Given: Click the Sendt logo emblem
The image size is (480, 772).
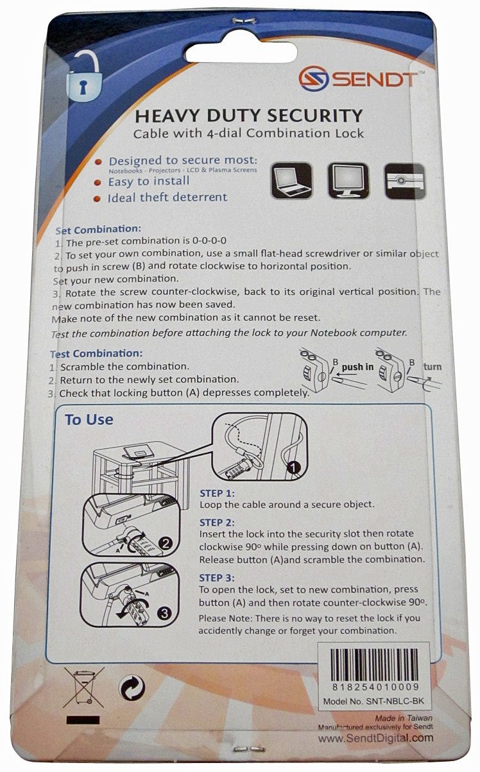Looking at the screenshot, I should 313,80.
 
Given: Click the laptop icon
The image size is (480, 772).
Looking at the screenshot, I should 291,180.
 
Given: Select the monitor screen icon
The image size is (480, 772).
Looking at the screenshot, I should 347,180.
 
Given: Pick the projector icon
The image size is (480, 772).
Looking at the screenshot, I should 404,180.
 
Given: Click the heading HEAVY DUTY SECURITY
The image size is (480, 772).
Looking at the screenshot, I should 249,116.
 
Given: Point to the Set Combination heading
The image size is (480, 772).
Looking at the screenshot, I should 98,229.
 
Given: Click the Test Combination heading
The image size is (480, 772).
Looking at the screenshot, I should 96,353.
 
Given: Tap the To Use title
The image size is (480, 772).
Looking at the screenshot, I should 89,420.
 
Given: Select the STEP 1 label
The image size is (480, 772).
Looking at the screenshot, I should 218,493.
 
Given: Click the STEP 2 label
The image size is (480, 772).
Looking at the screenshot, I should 218,522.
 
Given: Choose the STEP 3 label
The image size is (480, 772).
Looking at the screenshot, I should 218,577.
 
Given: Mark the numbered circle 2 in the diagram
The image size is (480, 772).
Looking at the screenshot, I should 165,544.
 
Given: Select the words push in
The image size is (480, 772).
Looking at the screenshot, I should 357,367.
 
